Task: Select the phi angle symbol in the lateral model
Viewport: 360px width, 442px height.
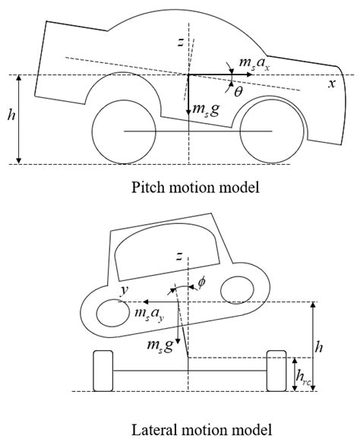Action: coord(201,282)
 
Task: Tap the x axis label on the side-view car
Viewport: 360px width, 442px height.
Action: coord(330,84)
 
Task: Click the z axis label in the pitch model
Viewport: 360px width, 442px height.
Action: coord(180,43)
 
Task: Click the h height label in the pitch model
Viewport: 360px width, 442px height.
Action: coord(10,119)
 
